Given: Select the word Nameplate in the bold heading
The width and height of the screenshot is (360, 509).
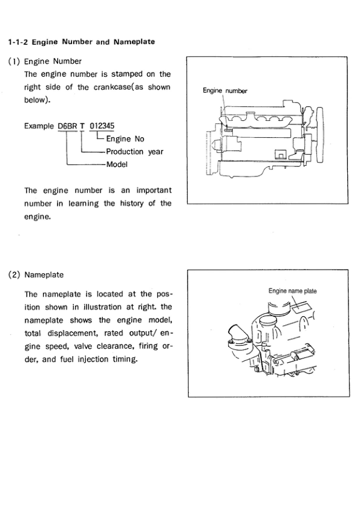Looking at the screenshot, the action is point(134,42).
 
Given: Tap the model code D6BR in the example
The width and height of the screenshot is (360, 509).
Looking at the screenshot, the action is point(67,126).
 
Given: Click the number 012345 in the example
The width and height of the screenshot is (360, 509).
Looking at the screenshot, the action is point(102,126).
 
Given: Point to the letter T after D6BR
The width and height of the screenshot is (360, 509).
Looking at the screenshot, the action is point(82,126).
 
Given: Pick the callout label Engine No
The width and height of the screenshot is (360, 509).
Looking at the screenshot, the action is point(125,139).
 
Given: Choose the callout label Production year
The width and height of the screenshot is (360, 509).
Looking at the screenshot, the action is point(134,152).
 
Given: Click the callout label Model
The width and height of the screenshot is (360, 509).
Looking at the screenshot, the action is point(117,164).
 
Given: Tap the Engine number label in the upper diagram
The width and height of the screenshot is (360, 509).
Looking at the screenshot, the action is point(225,91).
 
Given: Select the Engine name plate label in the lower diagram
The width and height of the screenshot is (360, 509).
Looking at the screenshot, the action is point(292,291).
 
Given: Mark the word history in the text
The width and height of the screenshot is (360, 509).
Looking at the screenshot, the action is point(131,204).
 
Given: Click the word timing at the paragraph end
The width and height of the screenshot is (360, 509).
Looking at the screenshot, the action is point(125,359).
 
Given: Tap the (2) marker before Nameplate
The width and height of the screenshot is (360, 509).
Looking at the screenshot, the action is point(15,275).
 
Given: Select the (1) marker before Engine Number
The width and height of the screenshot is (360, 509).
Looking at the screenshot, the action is point(14,61).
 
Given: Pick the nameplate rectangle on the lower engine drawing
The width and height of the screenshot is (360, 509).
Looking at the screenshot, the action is point(302,306).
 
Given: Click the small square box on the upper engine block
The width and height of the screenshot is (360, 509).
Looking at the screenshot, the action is point(280,155).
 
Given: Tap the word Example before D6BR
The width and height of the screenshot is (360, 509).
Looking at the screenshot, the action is point(39,126).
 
